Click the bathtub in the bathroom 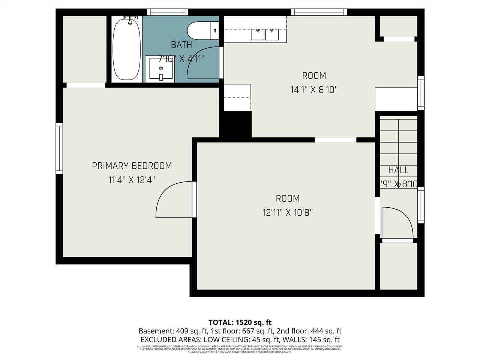(x=127, y=49)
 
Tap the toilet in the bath (x=202, y=31)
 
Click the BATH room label (x=181, y=45)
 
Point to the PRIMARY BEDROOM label (x=132, y=166)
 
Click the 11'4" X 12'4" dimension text (x=132, y=180)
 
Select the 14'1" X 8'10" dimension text (x=314, y=90)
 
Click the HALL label (x=398, y=170)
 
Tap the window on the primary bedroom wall (x=59, y=148)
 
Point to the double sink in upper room (x=265, y=34)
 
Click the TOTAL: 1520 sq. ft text (x=240, y=322)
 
